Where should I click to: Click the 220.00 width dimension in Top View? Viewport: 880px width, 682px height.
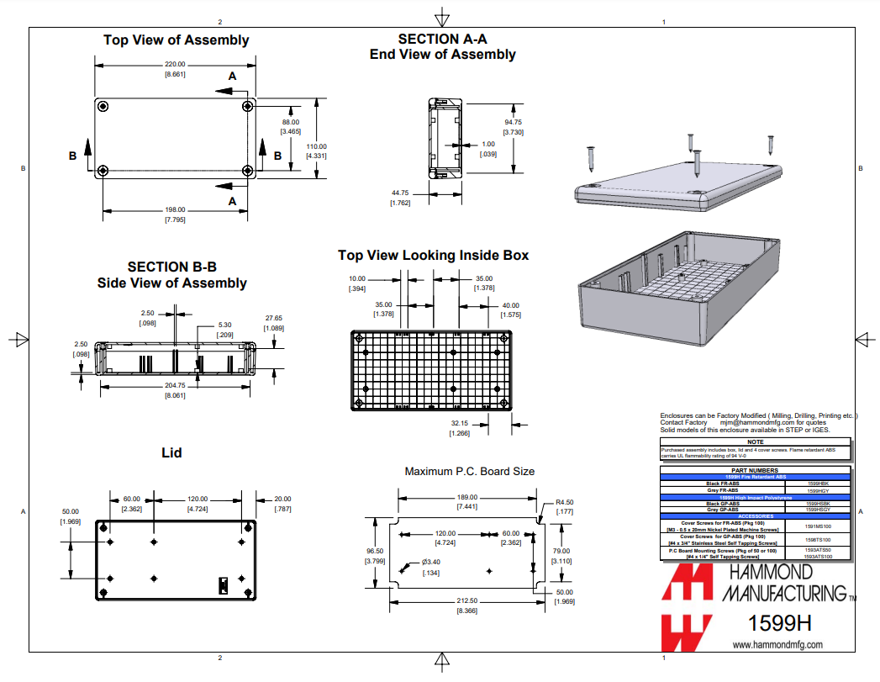175,65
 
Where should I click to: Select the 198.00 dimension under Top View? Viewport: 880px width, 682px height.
175,209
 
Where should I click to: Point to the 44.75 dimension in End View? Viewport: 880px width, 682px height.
399,193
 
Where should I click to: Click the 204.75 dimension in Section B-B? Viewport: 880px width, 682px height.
175,385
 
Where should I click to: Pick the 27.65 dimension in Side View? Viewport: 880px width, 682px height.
274,318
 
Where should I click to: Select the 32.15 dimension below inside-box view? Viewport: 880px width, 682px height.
459,423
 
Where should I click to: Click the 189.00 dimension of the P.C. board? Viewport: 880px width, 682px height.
467,497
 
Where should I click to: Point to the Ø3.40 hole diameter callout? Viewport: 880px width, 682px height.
430,562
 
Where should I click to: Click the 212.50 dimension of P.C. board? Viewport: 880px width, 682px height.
467,600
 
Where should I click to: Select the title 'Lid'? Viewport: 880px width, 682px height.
171,452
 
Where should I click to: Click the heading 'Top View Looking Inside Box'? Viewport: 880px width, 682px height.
433,255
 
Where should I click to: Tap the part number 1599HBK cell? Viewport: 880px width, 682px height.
817,484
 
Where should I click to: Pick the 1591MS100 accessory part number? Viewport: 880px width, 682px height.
817,526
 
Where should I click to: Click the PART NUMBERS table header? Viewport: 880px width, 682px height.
755,471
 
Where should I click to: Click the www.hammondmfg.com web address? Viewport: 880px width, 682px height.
777,645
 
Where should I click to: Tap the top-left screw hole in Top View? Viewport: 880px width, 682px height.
103,106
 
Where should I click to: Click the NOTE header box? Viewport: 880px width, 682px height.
755,441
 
